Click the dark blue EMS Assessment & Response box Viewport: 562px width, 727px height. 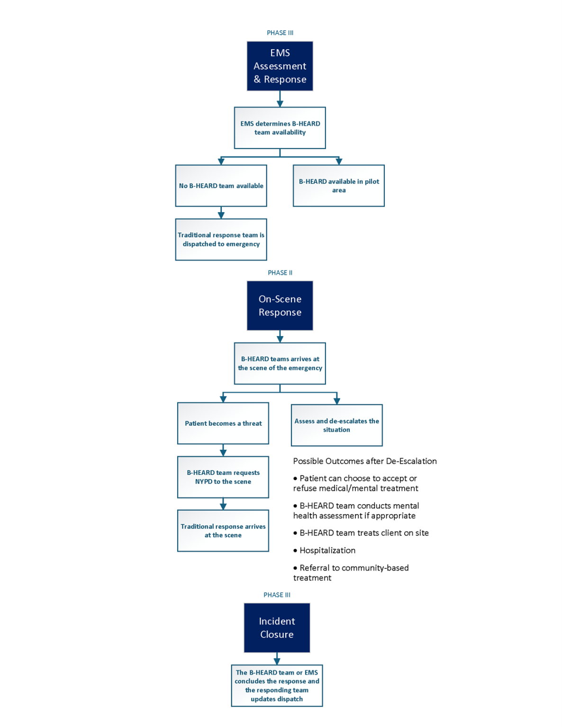click(280, 66)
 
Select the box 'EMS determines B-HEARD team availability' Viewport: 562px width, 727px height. click(280, 128)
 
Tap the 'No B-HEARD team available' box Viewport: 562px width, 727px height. click(221, 186)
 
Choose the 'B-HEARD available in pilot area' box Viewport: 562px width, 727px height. click(338, 186)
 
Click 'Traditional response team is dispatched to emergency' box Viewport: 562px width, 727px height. click(221, 239)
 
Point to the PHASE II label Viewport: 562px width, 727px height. click(280, 273)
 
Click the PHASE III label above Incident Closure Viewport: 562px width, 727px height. click(277, 595)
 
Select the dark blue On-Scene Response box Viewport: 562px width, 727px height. click(280, 306)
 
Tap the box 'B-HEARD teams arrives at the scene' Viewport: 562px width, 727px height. click(280, 363)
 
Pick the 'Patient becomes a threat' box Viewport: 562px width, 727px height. click(223, 423)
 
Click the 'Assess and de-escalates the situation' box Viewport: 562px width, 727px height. click(336, 425)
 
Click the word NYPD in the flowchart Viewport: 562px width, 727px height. click(204, 482)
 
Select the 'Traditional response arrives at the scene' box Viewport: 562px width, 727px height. click(223, 531)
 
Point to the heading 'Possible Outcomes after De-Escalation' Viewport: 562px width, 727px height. click(365, 461)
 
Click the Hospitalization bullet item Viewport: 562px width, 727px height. click(327, 550)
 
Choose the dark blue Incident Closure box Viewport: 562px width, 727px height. click(277, 628)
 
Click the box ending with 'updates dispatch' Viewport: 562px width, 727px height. click(277, 685)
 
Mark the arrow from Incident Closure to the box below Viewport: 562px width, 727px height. click(277, 658)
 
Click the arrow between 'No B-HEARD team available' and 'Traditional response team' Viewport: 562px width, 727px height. click(221, 213)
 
